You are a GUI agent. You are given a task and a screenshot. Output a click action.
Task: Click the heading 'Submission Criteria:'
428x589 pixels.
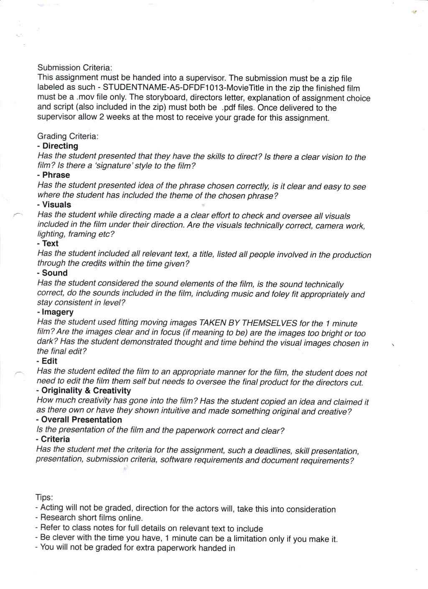(75, 68)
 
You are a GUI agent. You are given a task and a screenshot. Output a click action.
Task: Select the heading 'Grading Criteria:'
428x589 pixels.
(68, 136)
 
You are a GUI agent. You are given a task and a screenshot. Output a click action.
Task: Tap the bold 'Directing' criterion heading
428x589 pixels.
(60, 146)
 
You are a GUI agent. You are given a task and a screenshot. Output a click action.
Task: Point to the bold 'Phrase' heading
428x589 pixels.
(56, 175)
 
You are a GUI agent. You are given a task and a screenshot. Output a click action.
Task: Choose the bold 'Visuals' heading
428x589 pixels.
(56, 205)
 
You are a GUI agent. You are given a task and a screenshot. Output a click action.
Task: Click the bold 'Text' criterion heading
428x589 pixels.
(50, 244)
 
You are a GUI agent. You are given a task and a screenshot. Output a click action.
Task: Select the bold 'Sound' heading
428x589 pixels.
(54, 273)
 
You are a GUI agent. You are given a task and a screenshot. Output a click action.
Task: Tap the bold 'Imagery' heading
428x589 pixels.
(57, 312)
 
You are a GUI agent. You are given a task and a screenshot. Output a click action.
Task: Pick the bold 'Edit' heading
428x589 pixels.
(49, 361)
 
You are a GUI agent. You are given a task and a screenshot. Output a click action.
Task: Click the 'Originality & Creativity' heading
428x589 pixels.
(86, 391)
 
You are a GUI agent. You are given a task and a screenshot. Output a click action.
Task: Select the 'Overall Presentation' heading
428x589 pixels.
(82, 420)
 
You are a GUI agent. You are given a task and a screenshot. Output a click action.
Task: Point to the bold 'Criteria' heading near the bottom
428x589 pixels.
(55, 439)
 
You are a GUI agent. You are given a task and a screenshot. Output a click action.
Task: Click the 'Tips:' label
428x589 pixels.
(44, 498)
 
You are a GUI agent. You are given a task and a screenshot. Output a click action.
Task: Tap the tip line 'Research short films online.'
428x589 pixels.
(91, 518)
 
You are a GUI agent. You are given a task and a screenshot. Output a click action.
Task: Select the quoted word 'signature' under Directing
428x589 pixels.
(114, 165)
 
